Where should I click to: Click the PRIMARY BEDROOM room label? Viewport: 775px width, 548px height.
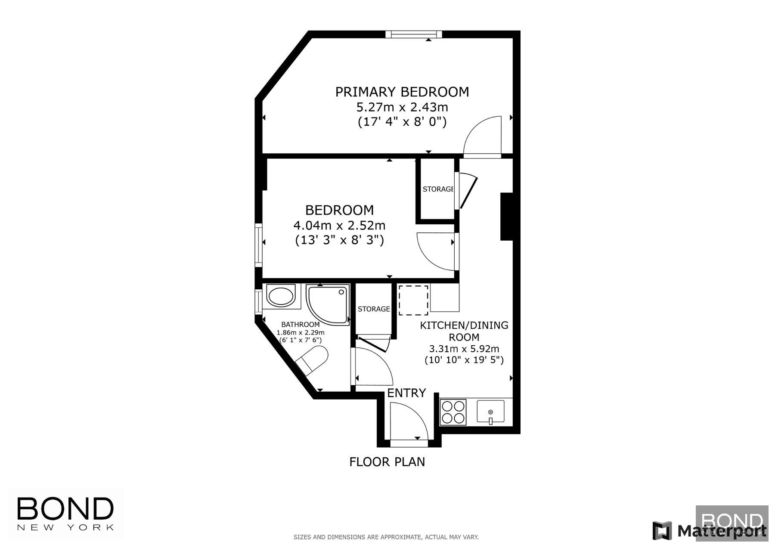click(402, 92)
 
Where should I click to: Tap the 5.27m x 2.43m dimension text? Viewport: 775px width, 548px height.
click(402, 107)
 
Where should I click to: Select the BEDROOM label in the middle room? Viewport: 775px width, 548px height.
click(339, 210)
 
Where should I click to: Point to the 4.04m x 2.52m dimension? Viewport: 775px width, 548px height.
click(339, 225)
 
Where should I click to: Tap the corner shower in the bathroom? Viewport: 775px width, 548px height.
click(327, 305)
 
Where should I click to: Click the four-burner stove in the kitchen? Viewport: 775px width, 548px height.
click(453, 412)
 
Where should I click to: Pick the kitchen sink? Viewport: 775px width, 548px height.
click(490, 412)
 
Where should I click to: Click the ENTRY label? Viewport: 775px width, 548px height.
click(406, 393)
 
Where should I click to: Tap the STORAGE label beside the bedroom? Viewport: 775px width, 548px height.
click(438, 189)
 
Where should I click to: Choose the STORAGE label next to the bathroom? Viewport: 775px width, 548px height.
click(374, 309)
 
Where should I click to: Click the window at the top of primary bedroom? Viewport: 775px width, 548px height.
click(414, 34)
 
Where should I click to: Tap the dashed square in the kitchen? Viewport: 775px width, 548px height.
click(413, 300)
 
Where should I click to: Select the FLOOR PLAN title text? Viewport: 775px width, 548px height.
click(387, 462)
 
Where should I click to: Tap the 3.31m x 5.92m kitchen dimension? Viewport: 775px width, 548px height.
click(464, 349)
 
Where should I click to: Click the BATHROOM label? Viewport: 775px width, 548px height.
click(301, 325)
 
